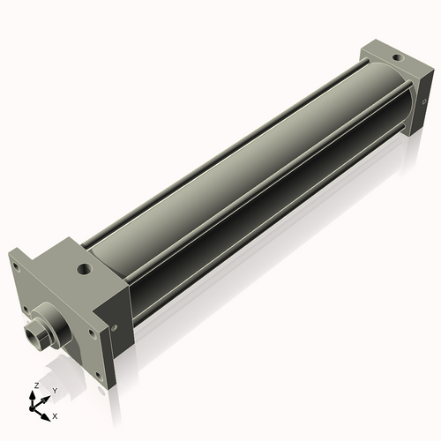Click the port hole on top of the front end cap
(x=82, y=265)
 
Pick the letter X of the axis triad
(x=55, y=414)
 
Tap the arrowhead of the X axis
(x=47, y=411)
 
